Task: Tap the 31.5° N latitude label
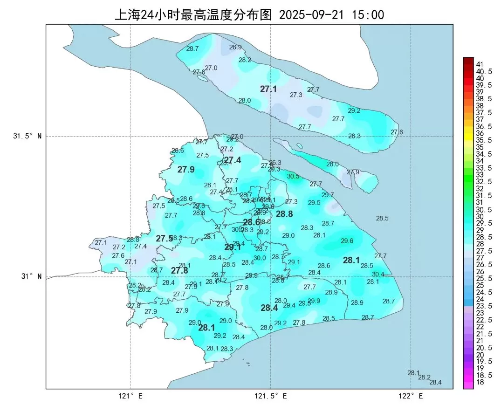(x=27, y=137)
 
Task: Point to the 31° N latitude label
(x=31, y=276)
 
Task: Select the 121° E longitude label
(x=130, y=396)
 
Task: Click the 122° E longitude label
(x=411, y=396)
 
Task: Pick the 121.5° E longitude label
(x=270, y=396)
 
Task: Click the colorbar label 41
(x=480, y=64)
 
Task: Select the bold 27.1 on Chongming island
(x=268, y=89)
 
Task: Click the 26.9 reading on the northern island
(x=235, y=47)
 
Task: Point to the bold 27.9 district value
(x=186, y=170)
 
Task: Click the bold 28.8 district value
(x=284, y=214)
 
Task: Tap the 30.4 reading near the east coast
(x=378, y=274)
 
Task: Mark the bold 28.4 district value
(x=269, y=308)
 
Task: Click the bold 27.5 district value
(x=164, y=239)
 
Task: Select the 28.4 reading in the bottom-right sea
(x=435, y=382)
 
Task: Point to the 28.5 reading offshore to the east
(x=382, y=218)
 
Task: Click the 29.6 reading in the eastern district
(x=347, y=240)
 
